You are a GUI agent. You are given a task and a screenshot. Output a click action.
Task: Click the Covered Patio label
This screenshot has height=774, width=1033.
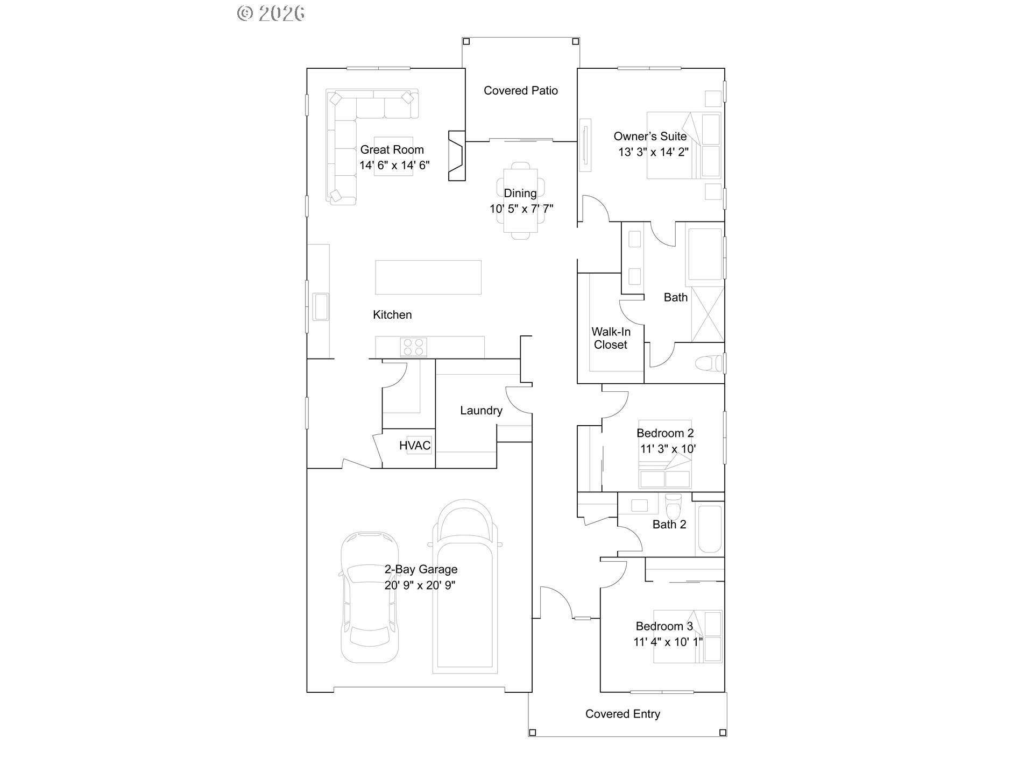click(520, 91)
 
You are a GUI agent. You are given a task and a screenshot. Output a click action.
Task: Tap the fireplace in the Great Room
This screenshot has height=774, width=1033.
click(456, 156)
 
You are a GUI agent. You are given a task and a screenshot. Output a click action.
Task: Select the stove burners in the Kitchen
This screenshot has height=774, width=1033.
click(414, 347)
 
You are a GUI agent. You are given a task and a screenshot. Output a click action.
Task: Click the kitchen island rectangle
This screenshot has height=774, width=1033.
click(428, 277)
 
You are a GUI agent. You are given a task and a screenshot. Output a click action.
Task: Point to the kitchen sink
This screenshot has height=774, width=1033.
click(321, 306)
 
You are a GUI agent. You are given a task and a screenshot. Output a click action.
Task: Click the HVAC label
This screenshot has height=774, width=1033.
click(415, 446)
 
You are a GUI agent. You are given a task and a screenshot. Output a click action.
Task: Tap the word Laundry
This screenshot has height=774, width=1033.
click(481, 411)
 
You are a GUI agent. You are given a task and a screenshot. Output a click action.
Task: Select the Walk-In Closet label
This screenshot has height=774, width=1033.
click(611, 339)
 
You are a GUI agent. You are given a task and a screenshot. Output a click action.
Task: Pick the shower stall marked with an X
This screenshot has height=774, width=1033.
click(707, 314)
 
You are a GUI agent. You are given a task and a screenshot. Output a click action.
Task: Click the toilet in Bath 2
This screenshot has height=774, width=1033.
click(673, 505)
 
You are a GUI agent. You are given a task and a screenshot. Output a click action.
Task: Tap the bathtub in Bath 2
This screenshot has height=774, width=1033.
click(709, 529)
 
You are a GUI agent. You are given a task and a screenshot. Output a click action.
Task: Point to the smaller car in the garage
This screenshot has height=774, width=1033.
click(370, 597)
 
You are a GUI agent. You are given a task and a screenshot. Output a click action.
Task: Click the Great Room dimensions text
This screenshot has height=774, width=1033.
click(394, 166)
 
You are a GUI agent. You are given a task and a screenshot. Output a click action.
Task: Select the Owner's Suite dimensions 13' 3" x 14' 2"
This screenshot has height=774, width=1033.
click(653, 152)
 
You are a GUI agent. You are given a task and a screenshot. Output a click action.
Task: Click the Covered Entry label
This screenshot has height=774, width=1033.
click(622, 714)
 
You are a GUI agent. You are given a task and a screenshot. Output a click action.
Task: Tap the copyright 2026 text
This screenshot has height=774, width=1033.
click(271, 13)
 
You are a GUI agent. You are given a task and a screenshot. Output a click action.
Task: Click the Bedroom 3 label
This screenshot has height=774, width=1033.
click(664, 626)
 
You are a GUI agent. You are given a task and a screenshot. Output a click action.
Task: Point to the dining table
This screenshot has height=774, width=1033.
click(520, 200)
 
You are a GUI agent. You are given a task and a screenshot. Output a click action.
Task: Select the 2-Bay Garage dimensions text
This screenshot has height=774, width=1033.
click(420, 585)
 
